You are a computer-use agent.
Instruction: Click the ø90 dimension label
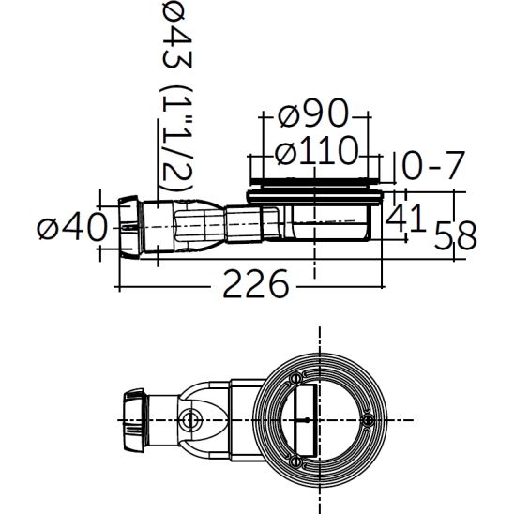click(x=314, y=116)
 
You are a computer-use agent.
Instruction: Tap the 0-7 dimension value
click(x=433, y=167)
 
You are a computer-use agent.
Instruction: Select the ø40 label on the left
click(x=68, y=227)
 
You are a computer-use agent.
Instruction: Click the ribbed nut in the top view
click(x=134, y=409)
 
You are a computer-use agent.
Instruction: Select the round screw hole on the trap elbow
click(x=192, y=417)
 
